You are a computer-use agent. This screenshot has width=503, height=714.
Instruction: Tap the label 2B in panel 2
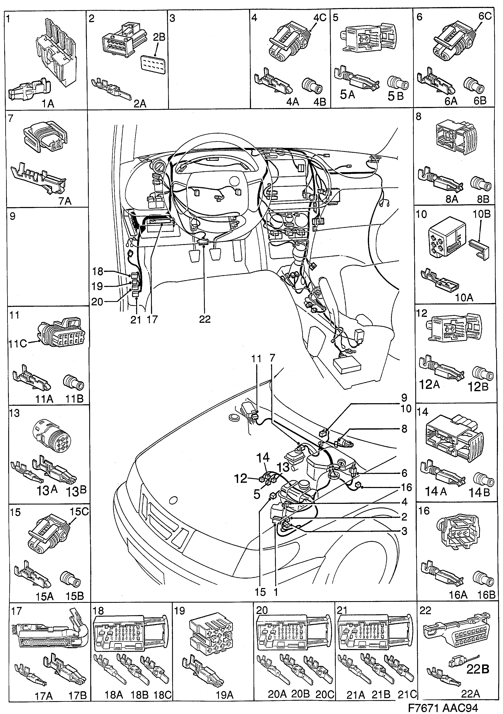(x=159, y=37)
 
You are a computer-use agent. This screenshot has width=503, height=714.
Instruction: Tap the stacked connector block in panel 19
(x=211, y=636)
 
